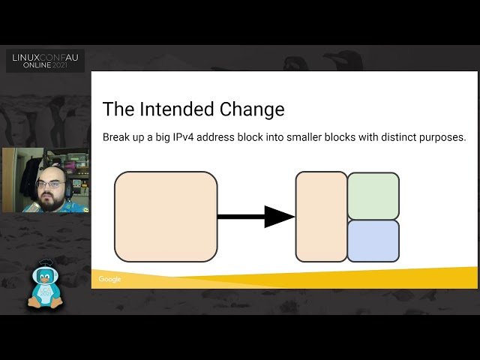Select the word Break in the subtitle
tap(117, 137)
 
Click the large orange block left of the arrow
tap(166, 217)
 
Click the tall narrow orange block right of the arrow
tap(321, 217)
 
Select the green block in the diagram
tap(373, 196)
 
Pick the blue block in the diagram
tap(373, 241)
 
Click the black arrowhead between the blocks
tap(279, 217)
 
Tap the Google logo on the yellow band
tap(109, 279)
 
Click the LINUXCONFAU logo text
tap(46, 57)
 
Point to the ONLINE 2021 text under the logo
tap(46, 66)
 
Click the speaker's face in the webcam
tap(49, 184)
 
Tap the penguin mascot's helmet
tap(45, 268)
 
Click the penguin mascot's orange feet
tap(45, 304)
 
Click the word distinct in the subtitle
tap(391, 137)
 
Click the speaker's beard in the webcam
tap(49, 199)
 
